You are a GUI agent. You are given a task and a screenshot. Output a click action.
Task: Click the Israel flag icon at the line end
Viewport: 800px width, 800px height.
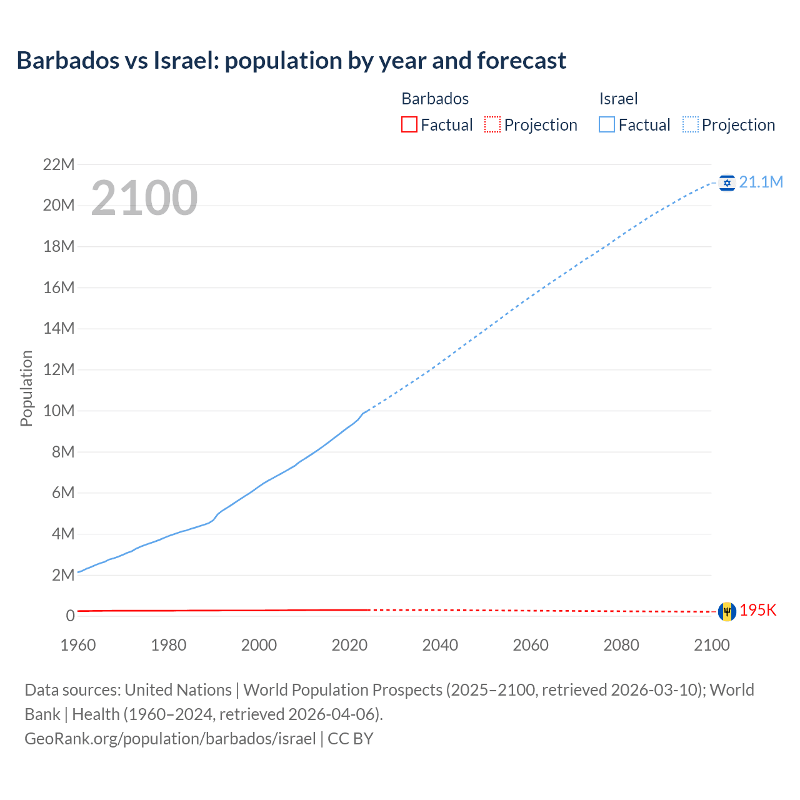727,182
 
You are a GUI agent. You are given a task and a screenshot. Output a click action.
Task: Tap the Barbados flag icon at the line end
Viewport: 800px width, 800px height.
727,611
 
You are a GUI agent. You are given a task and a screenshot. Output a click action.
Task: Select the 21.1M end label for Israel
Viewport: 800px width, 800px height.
761,182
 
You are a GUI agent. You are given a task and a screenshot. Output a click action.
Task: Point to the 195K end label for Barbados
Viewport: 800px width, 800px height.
757,611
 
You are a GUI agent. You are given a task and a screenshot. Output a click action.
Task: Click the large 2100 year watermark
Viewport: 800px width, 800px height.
144,198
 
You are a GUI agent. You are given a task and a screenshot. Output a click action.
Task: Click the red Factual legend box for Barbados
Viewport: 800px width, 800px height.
409,124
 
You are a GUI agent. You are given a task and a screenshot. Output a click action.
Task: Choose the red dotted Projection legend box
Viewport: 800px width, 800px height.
492,124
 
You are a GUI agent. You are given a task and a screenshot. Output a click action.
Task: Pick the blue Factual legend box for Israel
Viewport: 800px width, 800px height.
606,124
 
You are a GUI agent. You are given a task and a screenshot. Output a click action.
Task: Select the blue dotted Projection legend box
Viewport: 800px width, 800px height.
691,124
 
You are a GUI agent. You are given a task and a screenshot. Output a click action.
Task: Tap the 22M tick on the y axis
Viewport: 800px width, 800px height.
58,164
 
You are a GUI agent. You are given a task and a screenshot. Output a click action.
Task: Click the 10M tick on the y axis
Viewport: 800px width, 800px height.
58,411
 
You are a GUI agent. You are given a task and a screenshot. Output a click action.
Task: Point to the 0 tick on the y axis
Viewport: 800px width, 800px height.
70,616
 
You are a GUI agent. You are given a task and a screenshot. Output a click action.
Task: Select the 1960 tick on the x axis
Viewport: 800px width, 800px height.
78,645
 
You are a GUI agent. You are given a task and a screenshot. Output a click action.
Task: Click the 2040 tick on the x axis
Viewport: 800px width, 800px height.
440,645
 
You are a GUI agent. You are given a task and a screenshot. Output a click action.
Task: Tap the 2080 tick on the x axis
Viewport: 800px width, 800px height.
621,645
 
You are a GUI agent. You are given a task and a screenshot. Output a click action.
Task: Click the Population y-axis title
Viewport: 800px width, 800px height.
26,388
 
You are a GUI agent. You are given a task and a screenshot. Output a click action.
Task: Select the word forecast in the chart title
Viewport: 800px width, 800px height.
521,61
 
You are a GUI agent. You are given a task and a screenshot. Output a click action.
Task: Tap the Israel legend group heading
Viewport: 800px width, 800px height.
618,99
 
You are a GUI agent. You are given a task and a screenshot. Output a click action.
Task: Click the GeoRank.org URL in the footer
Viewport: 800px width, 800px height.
170,738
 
